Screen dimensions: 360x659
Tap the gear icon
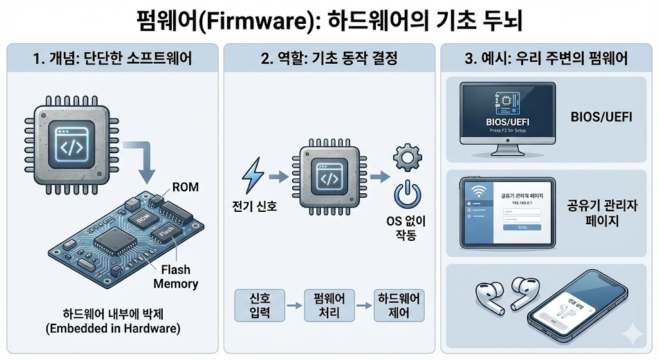click(x=406, y=157)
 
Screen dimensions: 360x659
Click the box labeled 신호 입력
click(x=256, y=306)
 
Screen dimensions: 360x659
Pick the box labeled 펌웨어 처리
click(x=329, y=306)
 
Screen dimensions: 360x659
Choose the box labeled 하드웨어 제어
click(x=400, y=306)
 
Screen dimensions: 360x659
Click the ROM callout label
click(x=186, y=187)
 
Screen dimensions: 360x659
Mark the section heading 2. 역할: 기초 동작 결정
click(x=329, y=59)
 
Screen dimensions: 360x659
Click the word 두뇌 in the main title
click(x=501, y=21)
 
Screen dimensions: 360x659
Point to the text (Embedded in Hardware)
click(x=113, y=328)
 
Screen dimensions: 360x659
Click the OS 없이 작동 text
click(x=406, y=229)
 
